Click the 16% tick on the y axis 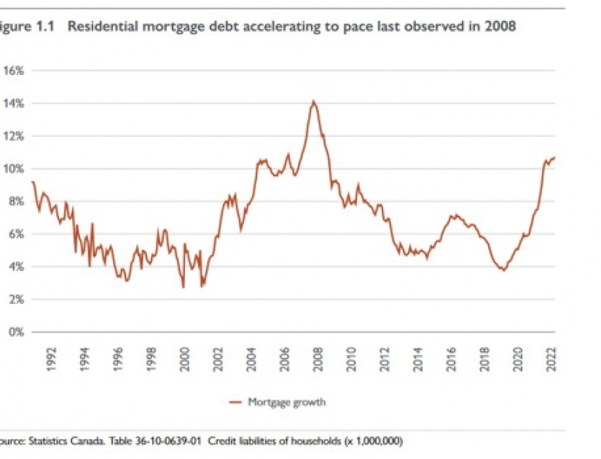15,71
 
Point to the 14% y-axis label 15,103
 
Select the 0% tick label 17,332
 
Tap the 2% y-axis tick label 17,299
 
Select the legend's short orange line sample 235,401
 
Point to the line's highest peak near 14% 313,101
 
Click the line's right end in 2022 555,157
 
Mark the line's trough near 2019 503,270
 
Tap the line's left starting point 32,181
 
